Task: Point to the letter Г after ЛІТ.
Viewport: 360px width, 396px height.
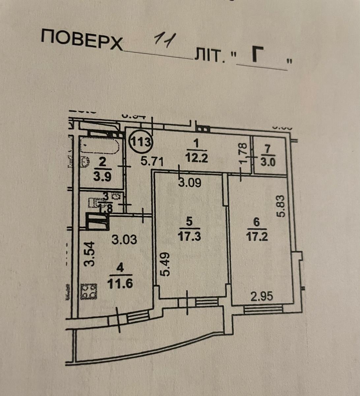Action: coord(260,54)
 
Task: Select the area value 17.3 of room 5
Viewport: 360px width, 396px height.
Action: coord(189,237)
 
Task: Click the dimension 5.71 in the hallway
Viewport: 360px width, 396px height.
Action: coord(152,162)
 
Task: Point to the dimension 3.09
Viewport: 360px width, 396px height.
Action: coord(190,183)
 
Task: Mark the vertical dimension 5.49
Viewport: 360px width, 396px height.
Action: coord(165,264)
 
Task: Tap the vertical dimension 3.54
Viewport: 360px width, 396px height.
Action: coord(89,253)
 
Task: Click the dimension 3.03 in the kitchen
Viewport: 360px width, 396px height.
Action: coord(124,239)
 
